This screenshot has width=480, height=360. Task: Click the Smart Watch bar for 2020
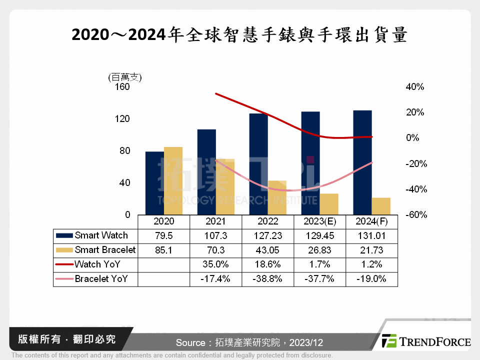(x=154, y=183)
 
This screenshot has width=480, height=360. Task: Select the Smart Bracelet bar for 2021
(x=225, y=186)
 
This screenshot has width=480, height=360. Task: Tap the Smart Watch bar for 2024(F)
(x=362, y=162)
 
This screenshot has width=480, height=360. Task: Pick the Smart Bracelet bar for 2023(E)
(x=329, y=204)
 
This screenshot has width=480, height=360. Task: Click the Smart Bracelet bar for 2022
(x=277, y=197)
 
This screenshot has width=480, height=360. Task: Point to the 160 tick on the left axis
(x=122, y=87)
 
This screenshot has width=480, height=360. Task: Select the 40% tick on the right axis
(x=414, y=87)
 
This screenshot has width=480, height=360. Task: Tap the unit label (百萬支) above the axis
(x=125, y=77)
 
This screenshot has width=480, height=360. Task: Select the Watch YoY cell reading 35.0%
(x=215, y=264)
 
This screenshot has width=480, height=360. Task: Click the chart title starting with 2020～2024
(x=239, y=35)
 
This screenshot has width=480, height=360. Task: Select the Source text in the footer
(x=249, y=343)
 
